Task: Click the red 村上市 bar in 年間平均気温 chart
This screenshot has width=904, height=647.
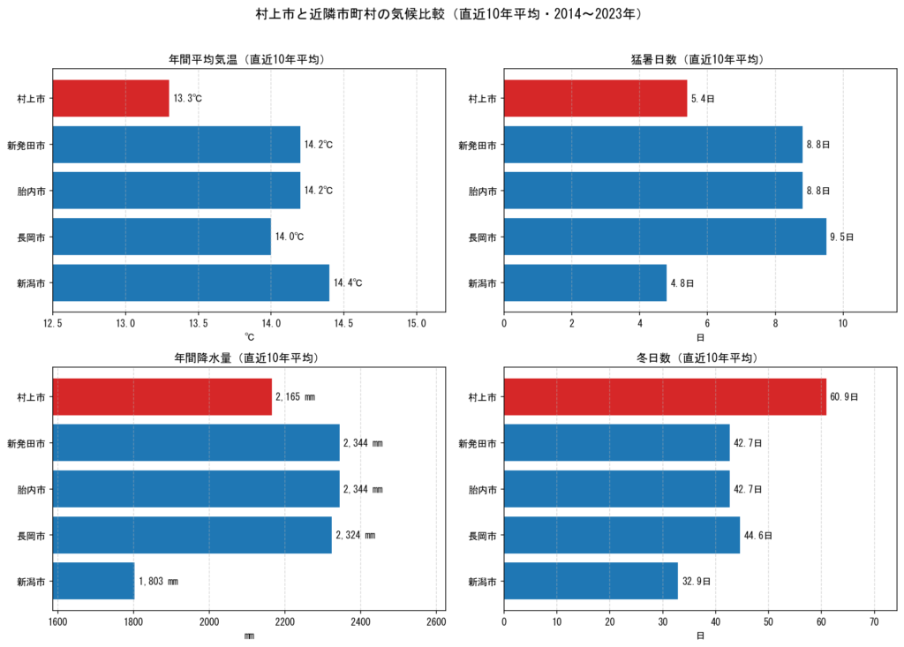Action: click(110, 98)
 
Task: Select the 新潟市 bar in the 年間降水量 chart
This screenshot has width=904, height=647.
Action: click(94, 581)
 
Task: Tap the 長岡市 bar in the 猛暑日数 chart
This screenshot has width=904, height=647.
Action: click(665, 237)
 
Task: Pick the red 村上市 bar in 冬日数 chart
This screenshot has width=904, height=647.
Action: click(665, 396)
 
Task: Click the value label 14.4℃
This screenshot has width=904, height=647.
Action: click(348, 282)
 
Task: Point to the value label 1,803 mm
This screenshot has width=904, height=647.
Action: click(159, 582)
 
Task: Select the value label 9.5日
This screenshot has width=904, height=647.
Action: click(841, 237)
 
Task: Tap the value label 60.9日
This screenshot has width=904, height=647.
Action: click(844, 396)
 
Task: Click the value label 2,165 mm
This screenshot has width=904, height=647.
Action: click(295, 396)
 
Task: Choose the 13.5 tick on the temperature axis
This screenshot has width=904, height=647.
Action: click(199, 323)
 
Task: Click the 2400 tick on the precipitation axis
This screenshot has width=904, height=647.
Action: click(360, 621)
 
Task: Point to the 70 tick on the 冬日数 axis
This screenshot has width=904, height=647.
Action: click(874, 621)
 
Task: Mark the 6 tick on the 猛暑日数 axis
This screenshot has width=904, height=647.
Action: click(707, 323)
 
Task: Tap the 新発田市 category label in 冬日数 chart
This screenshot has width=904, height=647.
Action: click(478, 443)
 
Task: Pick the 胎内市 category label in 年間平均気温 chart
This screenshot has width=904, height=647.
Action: click(31, 191)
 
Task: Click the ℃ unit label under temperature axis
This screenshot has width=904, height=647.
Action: click(249, 337)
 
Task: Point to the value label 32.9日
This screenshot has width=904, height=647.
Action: click(697, 582)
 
